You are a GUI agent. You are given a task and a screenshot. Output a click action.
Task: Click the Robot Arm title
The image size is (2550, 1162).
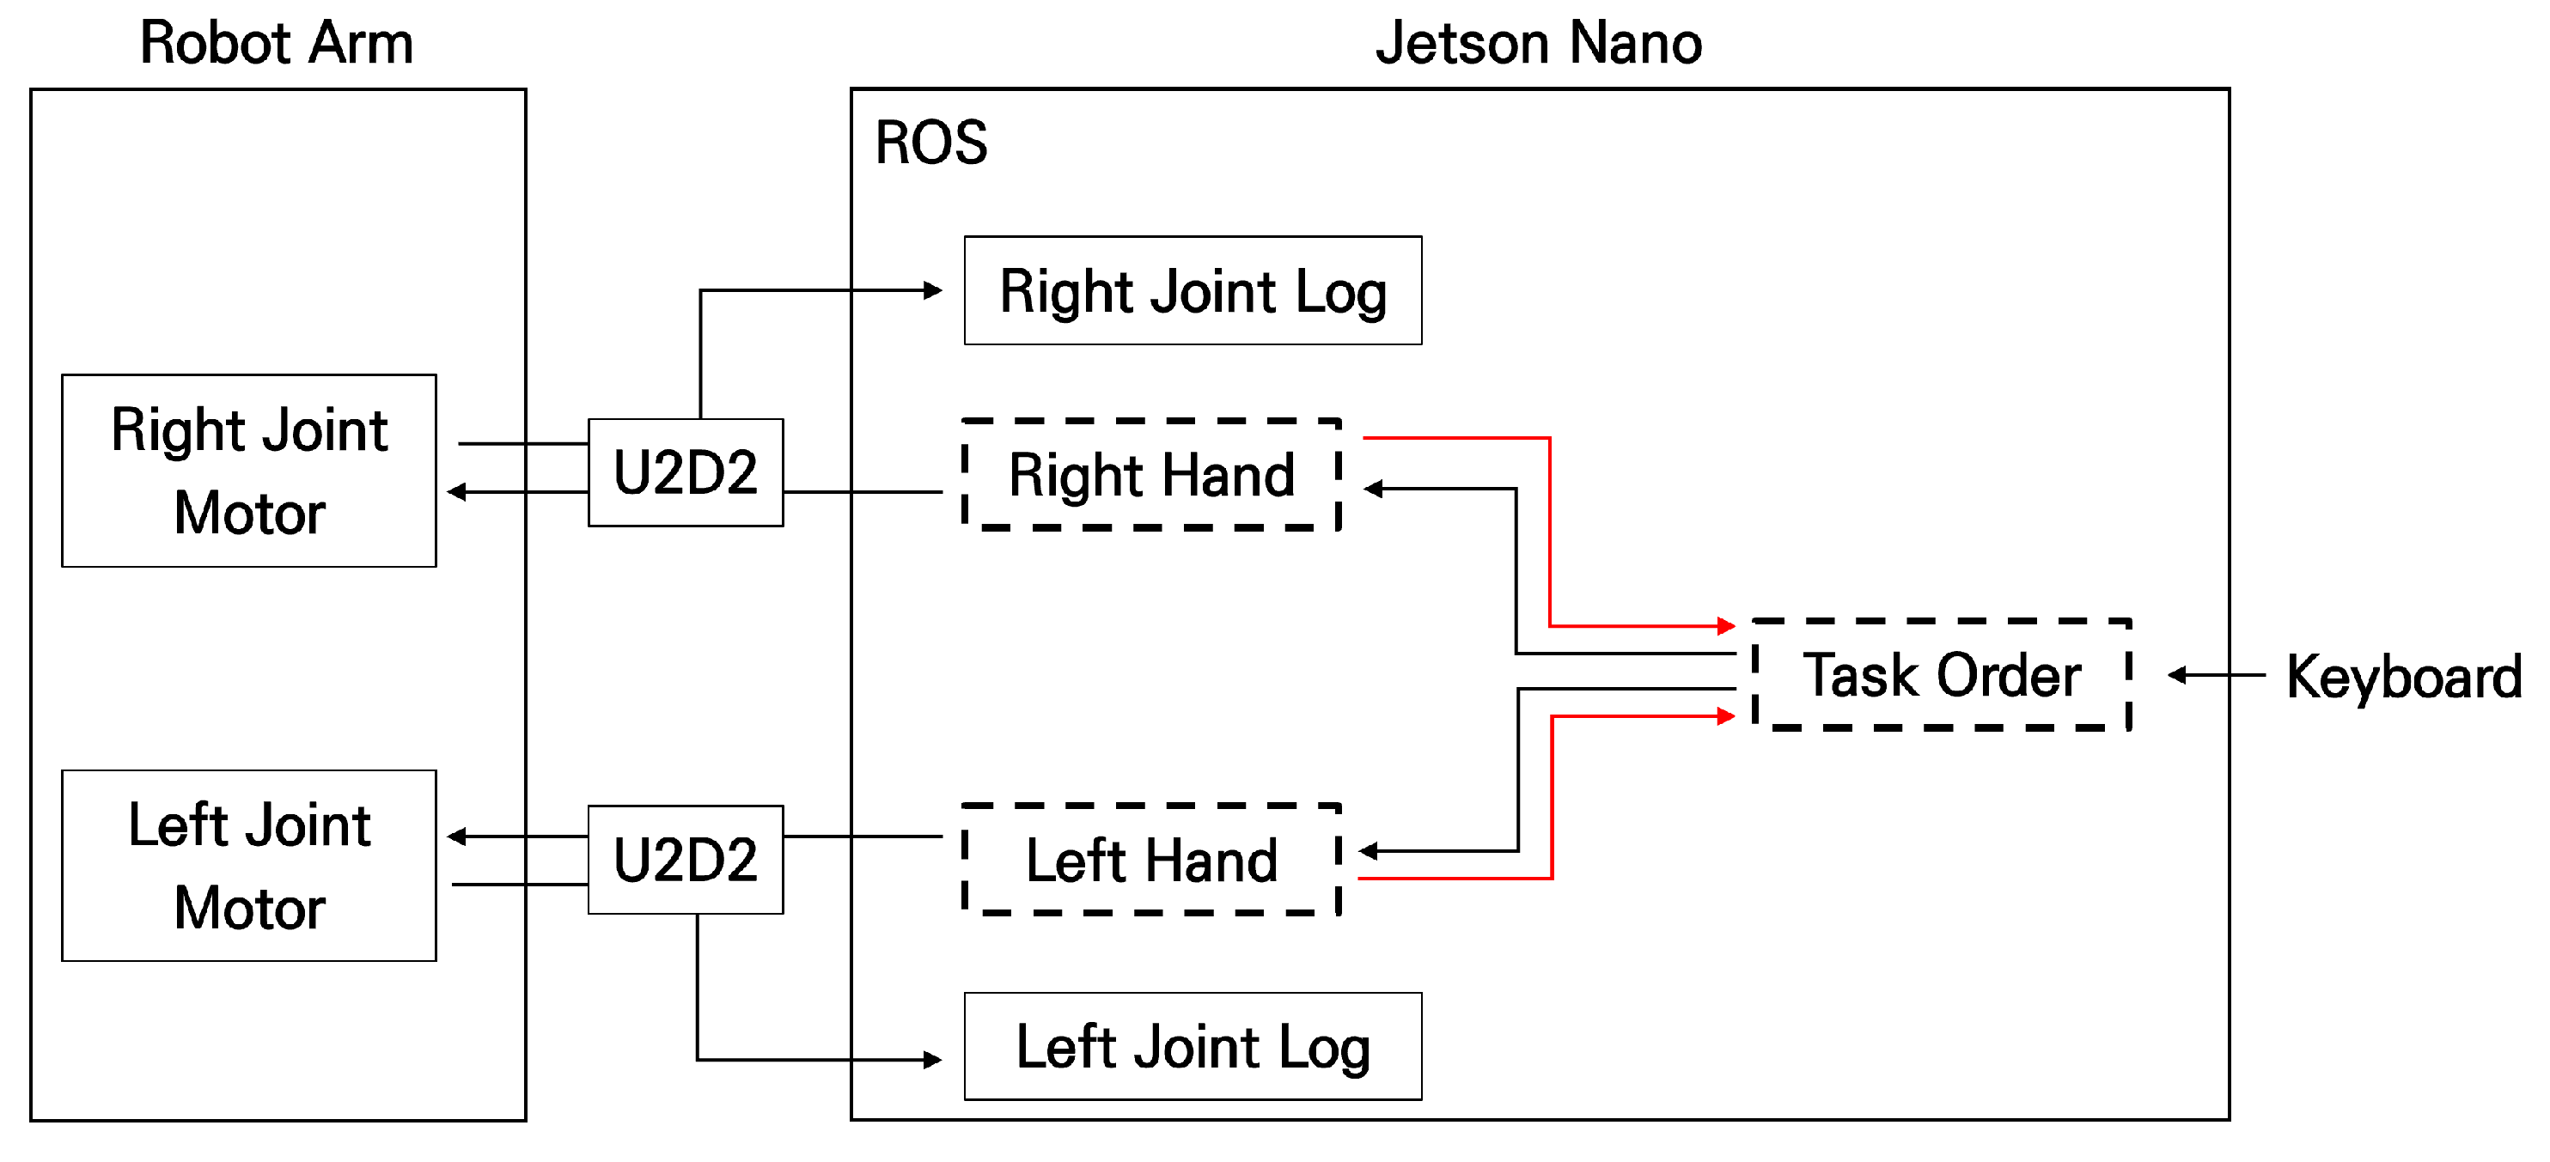(276, 44)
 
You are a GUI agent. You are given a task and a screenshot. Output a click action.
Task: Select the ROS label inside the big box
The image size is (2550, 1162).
(930, 143)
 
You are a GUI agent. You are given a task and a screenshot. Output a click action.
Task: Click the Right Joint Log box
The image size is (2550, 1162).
(1192, 291)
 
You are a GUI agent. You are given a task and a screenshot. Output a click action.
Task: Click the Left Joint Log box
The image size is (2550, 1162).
(1192, 1047)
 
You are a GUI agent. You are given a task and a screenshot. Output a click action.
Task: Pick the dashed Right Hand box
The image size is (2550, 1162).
(1150, 475)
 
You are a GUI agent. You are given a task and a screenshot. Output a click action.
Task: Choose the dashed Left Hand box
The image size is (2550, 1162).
(1150, 859)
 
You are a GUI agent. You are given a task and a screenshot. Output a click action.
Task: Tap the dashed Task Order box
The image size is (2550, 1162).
(1940, 675)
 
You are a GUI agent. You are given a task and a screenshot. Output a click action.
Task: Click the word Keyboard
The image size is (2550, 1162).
(2403, 677)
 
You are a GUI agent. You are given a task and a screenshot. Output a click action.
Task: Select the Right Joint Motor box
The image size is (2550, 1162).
(248, 471)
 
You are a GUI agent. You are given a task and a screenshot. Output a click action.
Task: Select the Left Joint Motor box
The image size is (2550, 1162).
(248, 866)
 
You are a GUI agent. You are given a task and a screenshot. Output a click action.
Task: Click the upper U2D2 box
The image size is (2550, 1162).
(685, 472)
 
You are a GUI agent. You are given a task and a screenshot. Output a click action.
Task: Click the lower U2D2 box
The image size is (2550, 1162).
(685, 859)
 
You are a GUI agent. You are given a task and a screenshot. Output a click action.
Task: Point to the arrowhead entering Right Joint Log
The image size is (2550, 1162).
(932, 290)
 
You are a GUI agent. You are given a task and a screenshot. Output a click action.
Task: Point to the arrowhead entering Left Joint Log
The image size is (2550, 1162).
(932, 1060)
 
